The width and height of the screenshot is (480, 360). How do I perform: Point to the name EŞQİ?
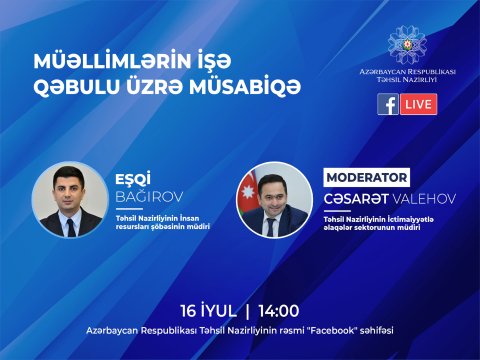(x=133, y=182)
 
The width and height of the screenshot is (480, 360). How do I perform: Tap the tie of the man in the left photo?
(x=70, y=224)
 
